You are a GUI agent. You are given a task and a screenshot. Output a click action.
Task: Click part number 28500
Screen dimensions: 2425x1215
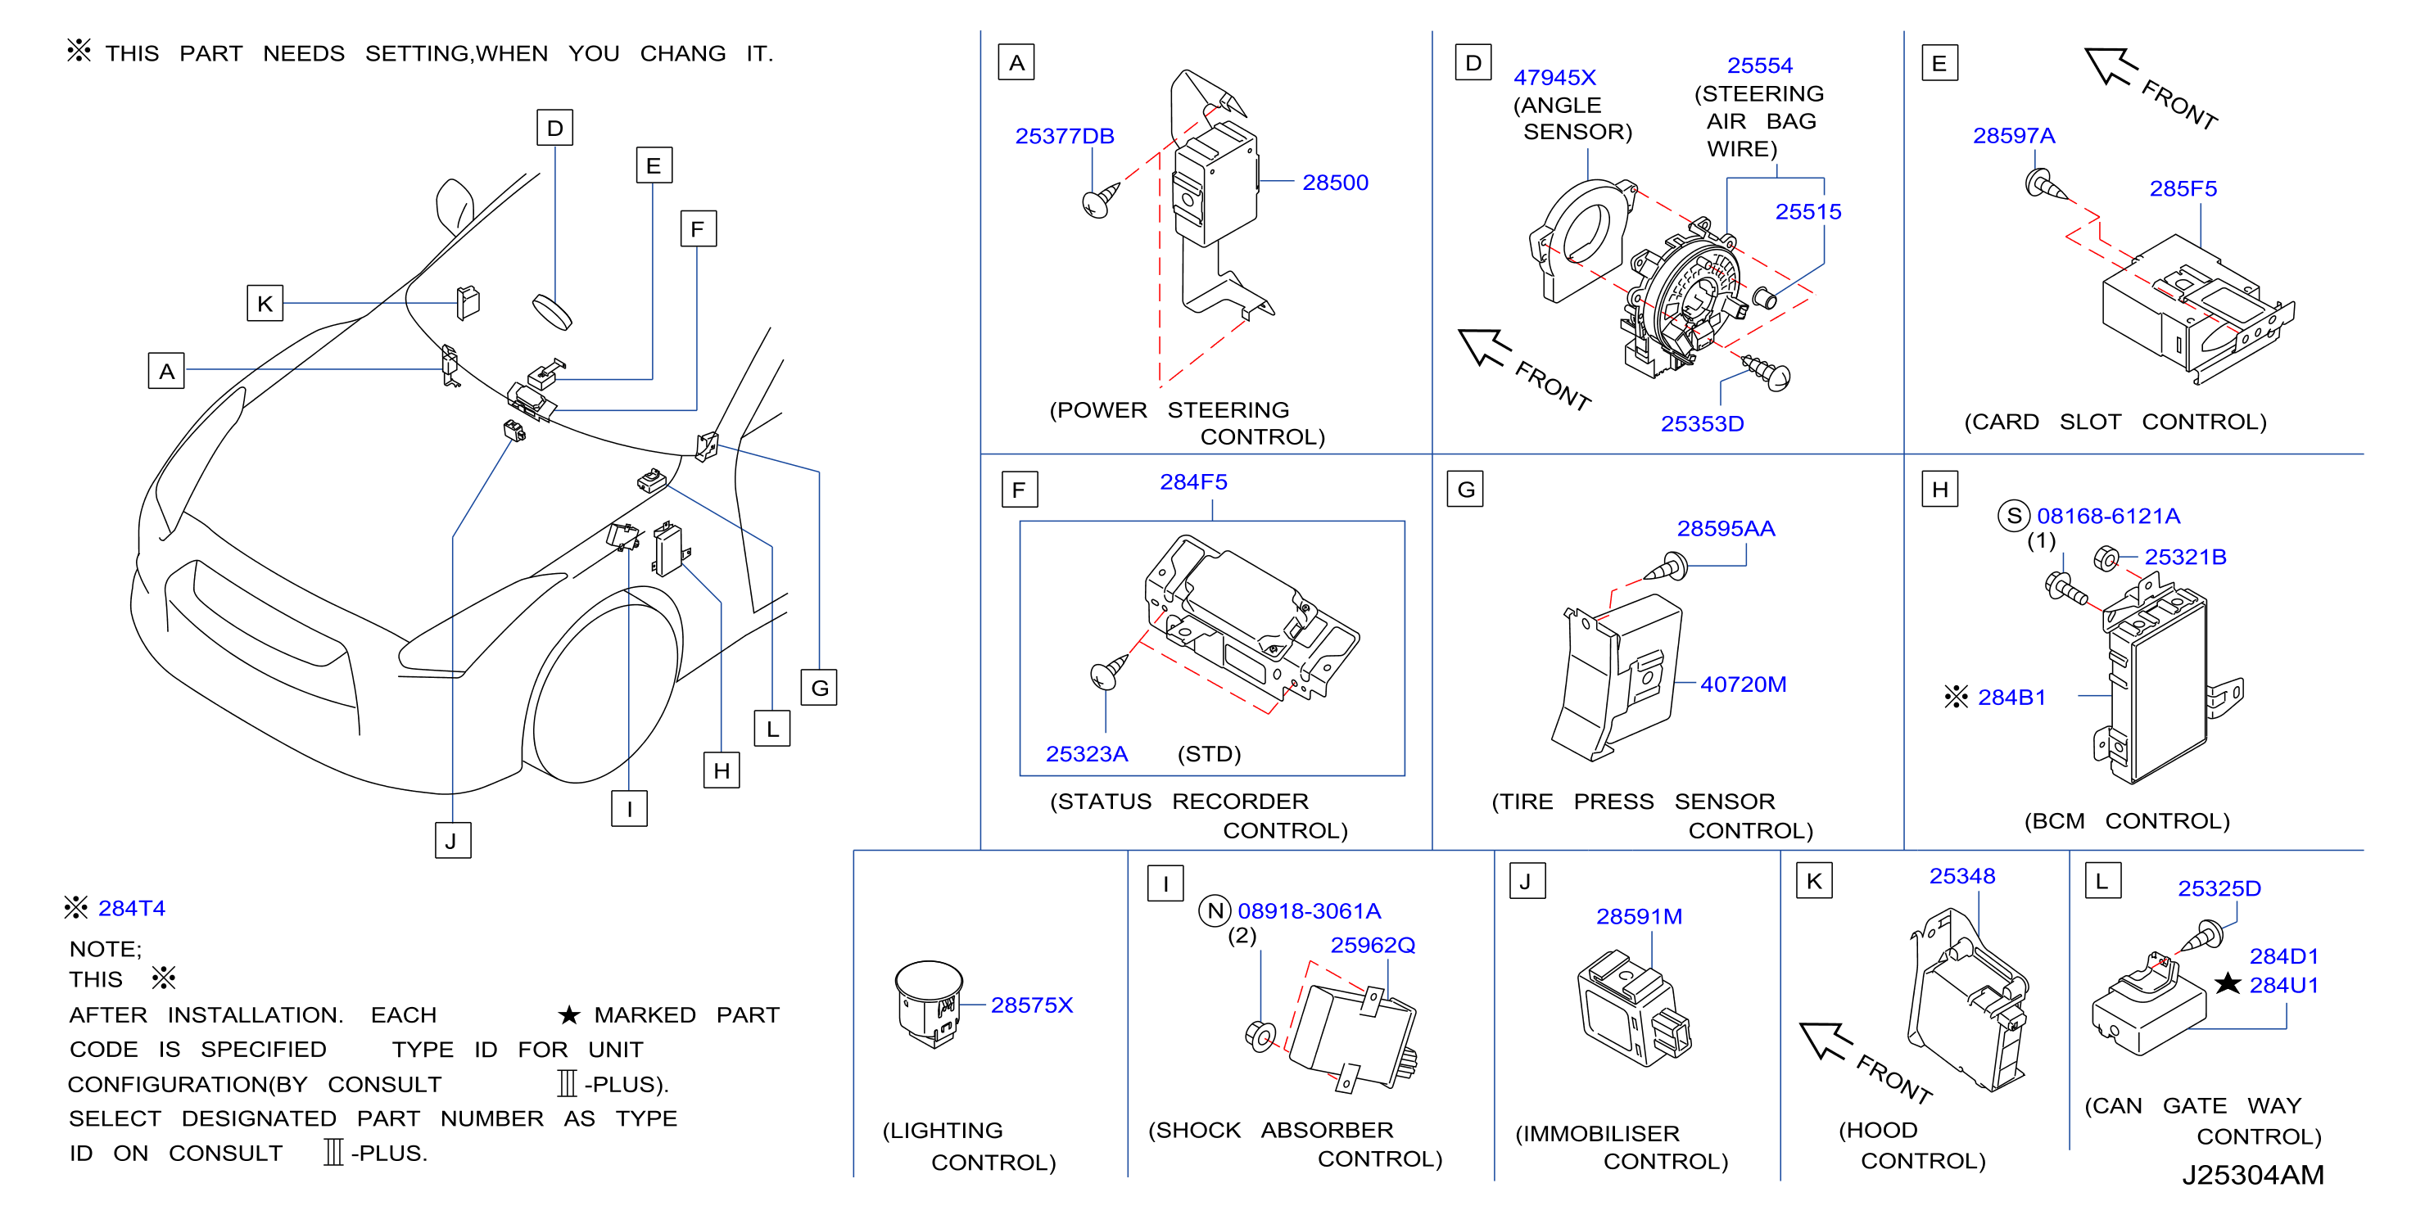click(1335, 183)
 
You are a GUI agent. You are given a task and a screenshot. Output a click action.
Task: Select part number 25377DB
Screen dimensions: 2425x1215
click(1065, 137)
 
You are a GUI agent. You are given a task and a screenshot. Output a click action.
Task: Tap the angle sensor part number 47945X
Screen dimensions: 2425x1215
click(1555, 77)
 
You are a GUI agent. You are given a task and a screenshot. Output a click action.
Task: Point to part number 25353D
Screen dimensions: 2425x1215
click(1702, 423)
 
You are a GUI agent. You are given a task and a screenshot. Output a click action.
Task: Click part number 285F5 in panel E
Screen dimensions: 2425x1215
click(2183, 188)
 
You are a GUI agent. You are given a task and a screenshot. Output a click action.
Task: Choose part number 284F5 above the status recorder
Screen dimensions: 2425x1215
click(1194, 482)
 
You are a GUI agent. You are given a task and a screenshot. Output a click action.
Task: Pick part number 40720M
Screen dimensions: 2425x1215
click(1744, 684)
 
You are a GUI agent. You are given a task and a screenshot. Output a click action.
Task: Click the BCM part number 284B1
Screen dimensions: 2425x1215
click(2011, 698)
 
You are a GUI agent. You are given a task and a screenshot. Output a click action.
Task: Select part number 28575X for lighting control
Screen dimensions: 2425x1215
click(1032, 1005)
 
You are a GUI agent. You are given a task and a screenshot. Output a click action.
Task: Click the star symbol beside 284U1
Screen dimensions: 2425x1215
click(2228, 983)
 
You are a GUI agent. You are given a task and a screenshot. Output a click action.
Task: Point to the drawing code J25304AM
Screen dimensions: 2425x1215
click(2253, 1175)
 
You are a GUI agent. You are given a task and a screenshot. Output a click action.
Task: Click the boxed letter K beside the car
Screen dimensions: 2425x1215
click(265, 304)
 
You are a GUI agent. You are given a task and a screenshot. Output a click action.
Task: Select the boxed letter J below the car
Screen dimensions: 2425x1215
click(453, 841)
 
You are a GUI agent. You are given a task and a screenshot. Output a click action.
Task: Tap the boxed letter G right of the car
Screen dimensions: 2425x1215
click(819, 688)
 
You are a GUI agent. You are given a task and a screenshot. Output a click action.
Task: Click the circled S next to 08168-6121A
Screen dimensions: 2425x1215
click(2014, 516)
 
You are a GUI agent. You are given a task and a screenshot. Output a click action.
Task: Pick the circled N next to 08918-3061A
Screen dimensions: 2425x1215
click(1215, 911)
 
